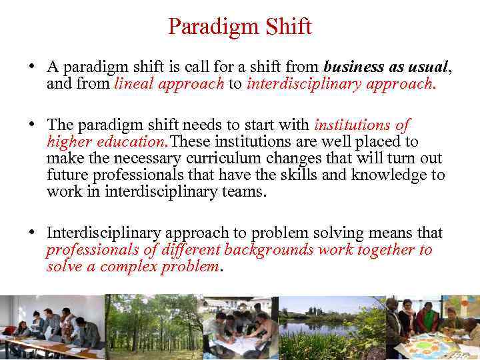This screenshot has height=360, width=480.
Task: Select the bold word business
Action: [x=353, y=67]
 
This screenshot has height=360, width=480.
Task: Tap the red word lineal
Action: [x=136, y=84]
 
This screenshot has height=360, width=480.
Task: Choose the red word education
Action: [x=131, y=141]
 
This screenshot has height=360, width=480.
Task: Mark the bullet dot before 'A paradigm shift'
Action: [x=32, y=68]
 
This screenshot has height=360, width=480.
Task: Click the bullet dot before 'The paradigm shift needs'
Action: [x=32, y=125]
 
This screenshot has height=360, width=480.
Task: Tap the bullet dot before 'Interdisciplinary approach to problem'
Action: [x=32, y=233]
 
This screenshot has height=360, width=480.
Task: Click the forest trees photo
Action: [x=153, y=327]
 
